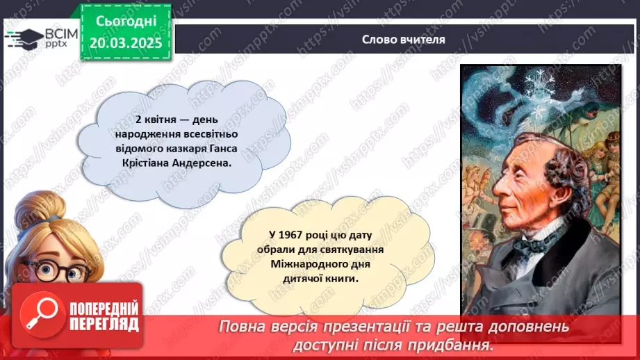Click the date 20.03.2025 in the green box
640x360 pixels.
coord(125,42)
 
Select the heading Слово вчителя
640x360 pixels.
coord(403,40)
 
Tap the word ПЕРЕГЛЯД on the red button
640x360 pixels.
coord(104,324)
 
